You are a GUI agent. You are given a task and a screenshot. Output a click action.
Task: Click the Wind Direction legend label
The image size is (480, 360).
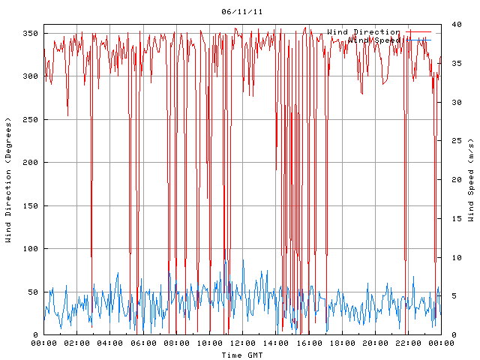point(364,32)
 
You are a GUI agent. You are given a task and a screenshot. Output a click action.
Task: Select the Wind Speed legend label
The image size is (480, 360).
point(374,40)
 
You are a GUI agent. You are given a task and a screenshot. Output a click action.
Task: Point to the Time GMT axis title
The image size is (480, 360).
point(242,355)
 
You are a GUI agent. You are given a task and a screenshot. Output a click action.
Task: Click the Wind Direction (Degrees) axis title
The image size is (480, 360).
point(8,180)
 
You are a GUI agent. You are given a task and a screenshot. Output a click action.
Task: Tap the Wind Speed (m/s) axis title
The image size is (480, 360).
point(471,180)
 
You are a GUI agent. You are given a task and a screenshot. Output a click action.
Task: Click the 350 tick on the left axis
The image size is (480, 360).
point(30,34)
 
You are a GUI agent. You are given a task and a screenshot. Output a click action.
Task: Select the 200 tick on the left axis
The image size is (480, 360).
point(30,163)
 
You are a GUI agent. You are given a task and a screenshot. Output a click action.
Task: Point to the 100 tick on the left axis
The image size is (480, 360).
point(30,249)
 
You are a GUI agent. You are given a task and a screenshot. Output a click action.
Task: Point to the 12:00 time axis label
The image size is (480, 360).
point(242,343)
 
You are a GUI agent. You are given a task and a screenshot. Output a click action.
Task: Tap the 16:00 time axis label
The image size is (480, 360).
point(308,343)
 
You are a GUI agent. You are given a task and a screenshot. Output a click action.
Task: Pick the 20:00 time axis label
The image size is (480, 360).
point(374,343)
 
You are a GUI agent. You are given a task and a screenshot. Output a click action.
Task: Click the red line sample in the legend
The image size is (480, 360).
point(418,32)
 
